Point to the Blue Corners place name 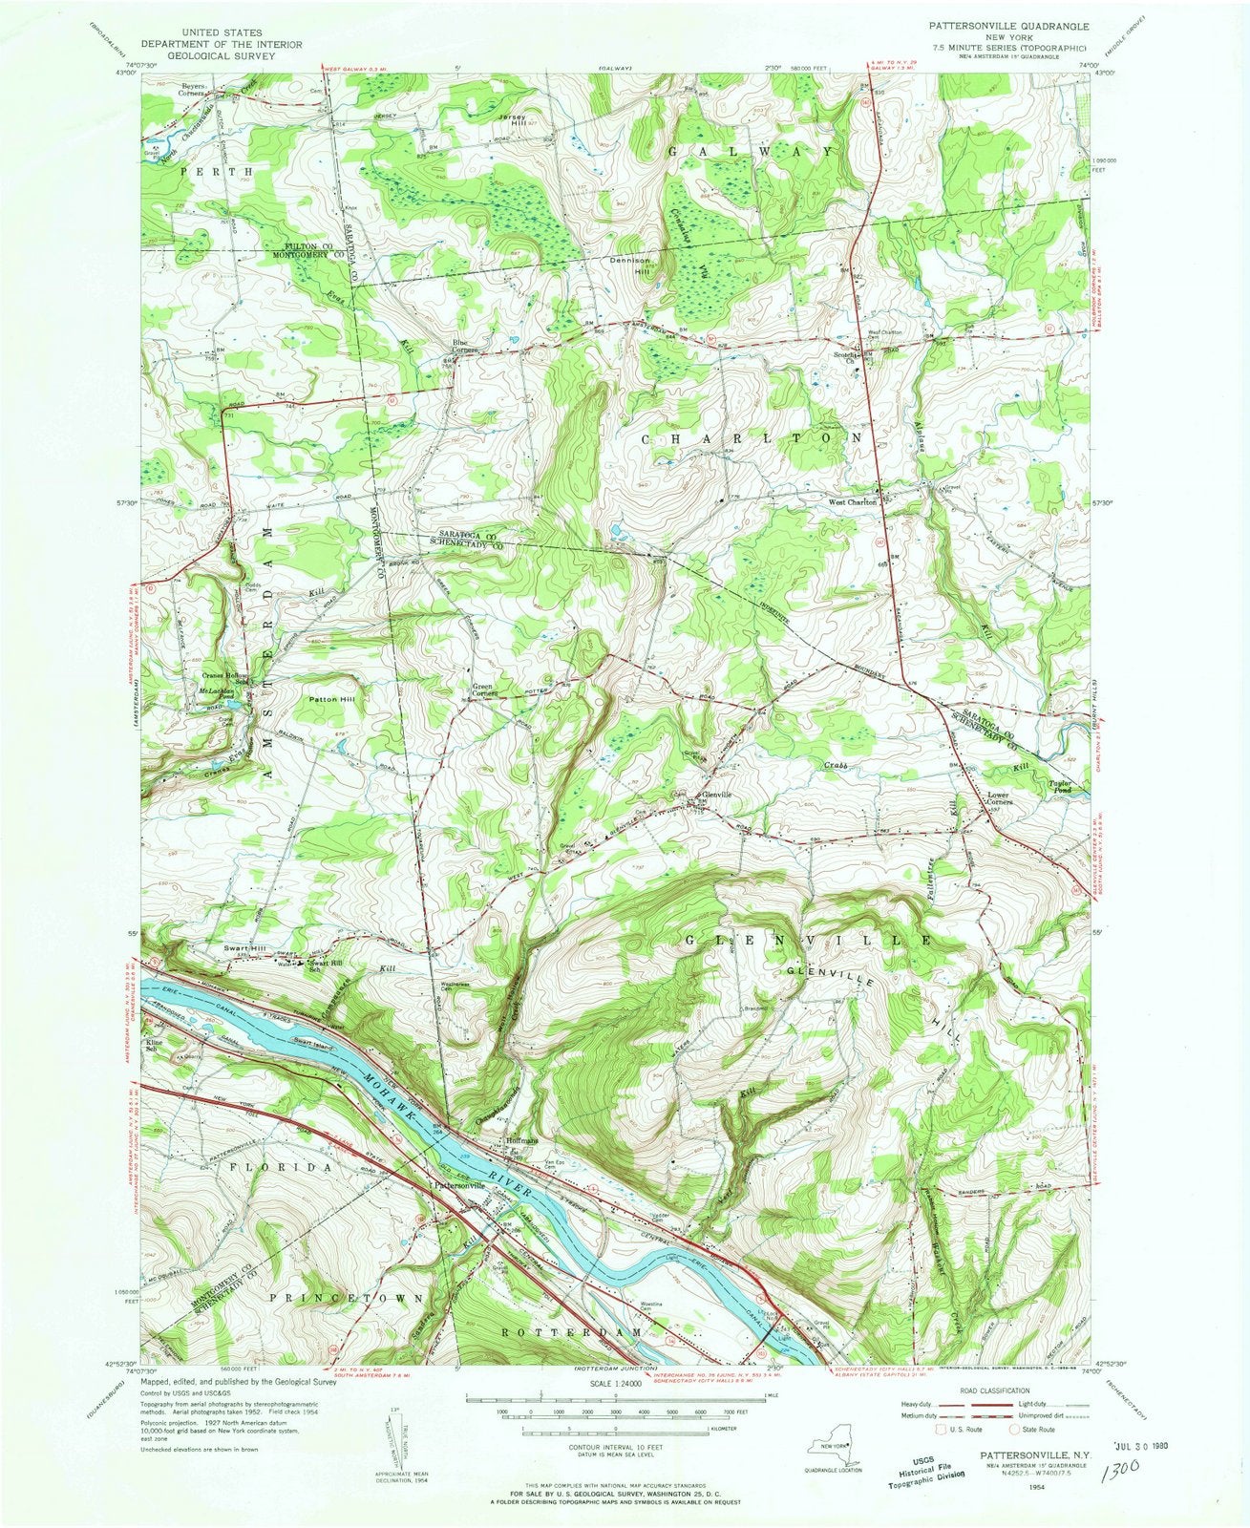[x=465, y=347]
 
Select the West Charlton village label [x=852, y=501]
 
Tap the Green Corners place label [x=488, y=690]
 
